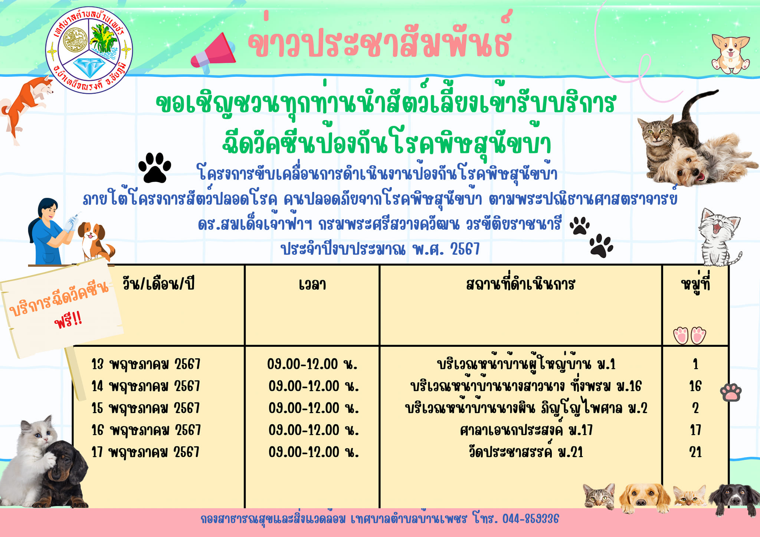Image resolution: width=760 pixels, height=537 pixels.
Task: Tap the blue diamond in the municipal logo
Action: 89,67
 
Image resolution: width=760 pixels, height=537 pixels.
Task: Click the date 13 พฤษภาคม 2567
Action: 146,364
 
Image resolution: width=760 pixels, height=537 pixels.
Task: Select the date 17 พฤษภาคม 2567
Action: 145,452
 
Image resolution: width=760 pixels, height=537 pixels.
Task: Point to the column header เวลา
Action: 312,285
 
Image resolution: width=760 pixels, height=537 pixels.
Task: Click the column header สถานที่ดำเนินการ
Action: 521,284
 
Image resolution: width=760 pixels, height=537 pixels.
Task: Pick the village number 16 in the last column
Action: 695,386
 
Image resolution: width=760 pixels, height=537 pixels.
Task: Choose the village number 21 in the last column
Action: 695,452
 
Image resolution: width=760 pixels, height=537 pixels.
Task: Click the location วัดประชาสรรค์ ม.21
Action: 526,452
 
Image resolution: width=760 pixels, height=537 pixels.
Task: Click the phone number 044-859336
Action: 531,519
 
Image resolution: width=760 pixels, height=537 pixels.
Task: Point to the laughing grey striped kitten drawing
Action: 718,237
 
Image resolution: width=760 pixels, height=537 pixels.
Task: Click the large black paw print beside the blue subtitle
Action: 155,167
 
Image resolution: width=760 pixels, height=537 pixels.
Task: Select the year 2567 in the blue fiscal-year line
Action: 465,249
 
